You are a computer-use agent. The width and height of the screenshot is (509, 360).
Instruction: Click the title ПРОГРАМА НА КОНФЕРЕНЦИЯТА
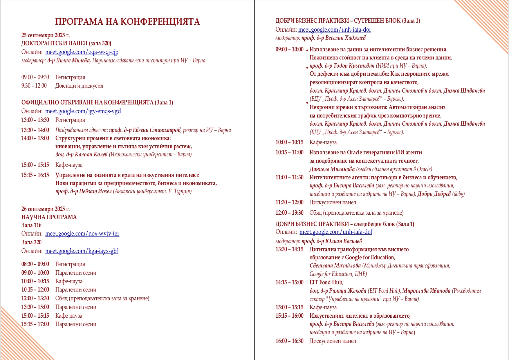click(x=127, y=22)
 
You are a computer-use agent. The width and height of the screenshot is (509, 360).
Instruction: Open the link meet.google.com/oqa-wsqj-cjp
click(x=82, y=52)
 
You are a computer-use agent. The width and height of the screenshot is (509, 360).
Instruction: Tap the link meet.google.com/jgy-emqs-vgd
click(x=83, y=111)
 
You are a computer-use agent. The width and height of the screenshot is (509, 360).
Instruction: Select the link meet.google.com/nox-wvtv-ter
click(x=82, y=234)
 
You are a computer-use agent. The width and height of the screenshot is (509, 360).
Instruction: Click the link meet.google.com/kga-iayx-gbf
click(x=82, y=251)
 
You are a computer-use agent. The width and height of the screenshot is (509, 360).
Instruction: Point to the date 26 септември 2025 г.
click(x=46, y=209)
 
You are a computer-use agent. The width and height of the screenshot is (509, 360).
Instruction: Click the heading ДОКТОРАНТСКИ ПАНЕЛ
click(x=54, y=44)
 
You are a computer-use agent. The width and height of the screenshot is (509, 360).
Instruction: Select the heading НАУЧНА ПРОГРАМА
click(x=49, y=217)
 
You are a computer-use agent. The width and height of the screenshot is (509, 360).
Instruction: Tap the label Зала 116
click(x=31, y=225)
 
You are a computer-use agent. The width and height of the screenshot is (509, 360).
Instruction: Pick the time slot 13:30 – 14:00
click(x=35, y=130)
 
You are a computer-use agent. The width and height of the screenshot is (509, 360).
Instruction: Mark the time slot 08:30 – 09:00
click(x=35, y=264)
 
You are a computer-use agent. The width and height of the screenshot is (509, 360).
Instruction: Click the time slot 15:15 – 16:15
click(x=35, y=175)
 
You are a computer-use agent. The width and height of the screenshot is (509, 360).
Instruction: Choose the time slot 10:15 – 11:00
click(x=289, y=153)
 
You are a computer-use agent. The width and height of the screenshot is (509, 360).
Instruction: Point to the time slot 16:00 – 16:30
click(x=289, y=341)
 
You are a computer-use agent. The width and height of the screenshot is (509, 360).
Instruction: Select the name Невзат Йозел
click(x=95, y=191)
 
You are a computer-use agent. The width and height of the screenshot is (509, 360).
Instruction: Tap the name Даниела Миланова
click(x=332, y=169)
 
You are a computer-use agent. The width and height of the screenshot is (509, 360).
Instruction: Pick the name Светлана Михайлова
click(x=335, y=266)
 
